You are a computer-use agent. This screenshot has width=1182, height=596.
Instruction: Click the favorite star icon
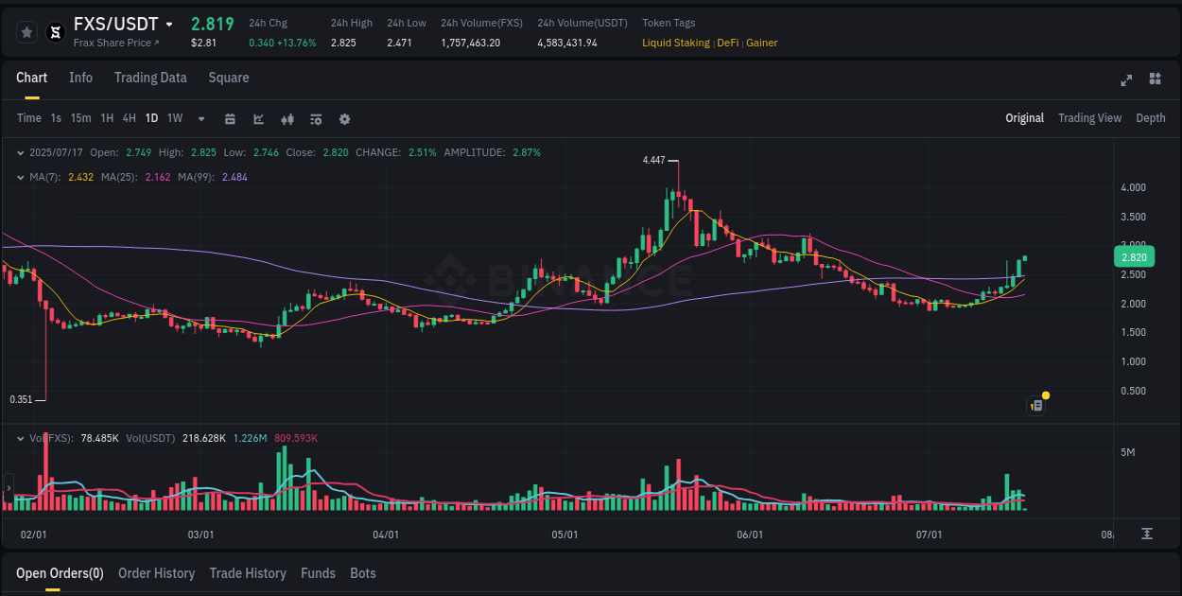[x=26, y=32]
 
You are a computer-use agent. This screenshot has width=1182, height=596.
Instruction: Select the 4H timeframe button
[x=129, y=118]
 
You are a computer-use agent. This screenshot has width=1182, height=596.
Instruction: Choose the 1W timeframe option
[x=175, y=118]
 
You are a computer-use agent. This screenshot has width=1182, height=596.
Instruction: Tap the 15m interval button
[x=81, y=118]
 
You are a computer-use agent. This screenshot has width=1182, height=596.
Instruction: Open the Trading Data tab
[x=150, y=78]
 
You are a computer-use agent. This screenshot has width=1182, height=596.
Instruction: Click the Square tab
[x=229, y=78]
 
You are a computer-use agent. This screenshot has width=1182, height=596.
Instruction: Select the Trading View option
[x=1089, y=118]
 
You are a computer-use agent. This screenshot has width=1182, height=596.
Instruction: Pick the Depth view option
[x=1150, y=118]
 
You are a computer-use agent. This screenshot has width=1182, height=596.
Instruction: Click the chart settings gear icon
[x=344, y=119]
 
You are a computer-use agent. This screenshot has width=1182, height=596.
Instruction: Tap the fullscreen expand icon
[x=1126, y=79]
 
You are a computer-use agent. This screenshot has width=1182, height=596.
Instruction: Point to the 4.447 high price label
[x=653, y=161]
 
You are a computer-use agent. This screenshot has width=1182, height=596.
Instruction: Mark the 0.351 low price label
[x=21, y=399]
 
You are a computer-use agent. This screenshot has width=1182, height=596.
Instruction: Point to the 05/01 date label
[x=565, y=535]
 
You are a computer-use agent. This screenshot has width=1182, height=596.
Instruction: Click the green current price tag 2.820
[x=1134, y=257]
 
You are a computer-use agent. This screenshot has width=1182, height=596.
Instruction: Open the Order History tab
[x=156, y=573]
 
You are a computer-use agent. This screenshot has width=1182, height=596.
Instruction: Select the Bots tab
[x=363, y=573]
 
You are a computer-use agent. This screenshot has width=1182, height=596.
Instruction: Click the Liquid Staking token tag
[x=675, y=43]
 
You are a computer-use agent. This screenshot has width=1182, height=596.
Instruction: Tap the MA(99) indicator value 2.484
[x=235, y=177]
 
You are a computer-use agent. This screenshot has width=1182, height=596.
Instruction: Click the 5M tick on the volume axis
[x=1127, y=452]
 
